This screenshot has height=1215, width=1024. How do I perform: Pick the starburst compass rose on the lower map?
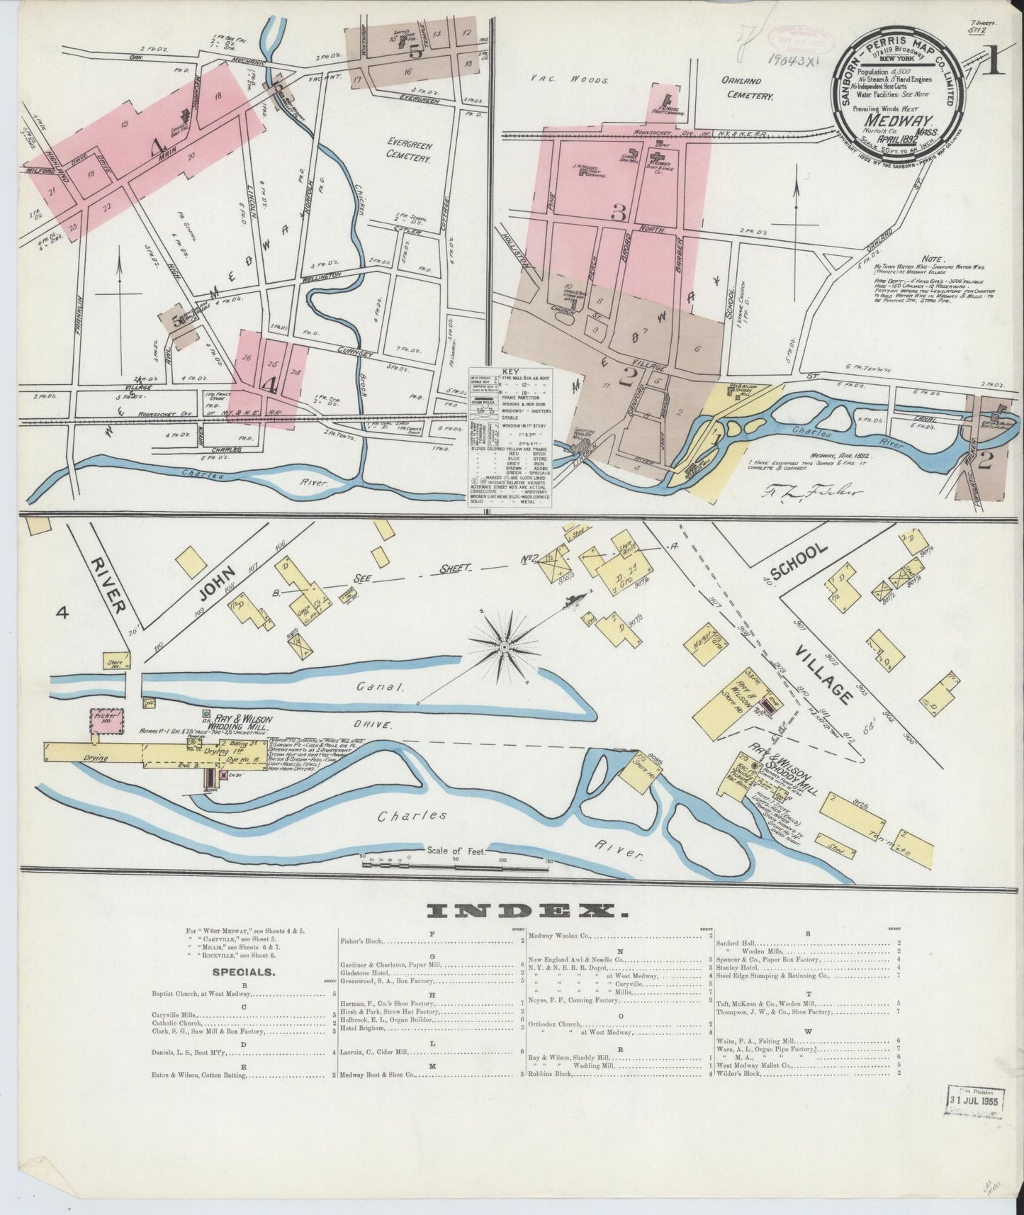(x=504, y=646)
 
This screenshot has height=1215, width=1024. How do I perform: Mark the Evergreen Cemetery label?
(x=409, y=150)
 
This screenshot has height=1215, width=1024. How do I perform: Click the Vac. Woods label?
(x=570, y=81)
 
